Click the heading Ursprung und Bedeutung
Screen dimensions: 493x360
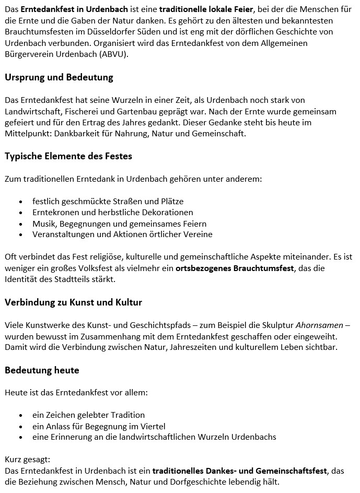pyautogui.click(x=59, y=78)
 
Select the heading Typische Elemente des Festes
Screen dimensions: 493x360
pyautogui.click(x=68, y=156)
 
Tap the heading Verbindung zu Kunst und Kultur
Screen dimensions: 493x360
pyautogui.click(x=73, y=302)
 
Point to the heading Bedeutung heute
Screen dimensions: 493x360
pyautogui.click(x=42, y=370)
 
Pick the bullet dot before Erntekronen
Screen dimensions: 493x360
pyautogui.click(x=20, y=213)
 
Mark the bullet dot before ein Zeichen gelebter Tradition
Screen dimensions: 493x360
pyautogui.click(x=20, y=416)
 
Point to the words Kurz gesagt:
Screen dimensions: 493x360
pyautogui.click(x=27, y=460)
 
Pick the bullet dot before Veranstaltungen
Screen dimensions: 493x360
pyautogui.click(x=20, y=235)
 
